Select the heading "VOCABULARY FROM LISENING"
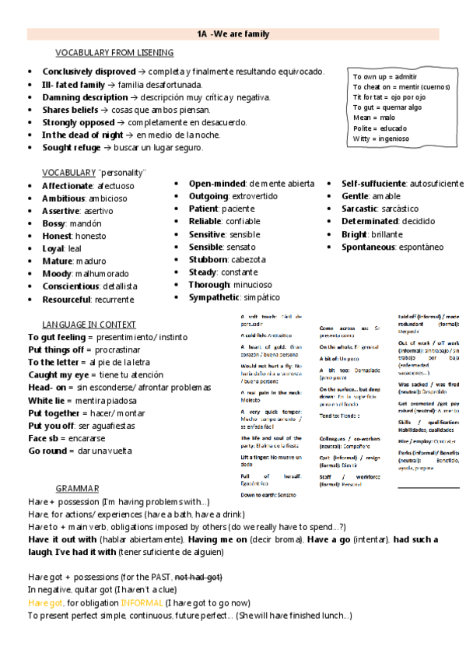pyautogui.click(x=114, y=53)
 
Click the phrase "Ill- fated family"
pyautogui.click(x=73, y=84)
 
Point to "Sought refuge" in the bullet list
pyautogui.click(x=72, y=148)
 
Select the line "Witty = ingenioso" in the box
pyautogui.click(x=381, y=139)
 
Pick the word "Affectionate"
pyautogui.click(x=68, y=186)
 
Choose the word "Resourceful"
pyautogui.click(x=66, y=299)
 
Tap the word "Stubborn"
pyautogui.click(x=208, y=259)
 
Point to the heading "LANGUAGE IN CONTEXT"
pyautogui.click(x=89, y=324)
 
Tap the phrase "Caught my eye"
pyautogui.click(x=57, y=375)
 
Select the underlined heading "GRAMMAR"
pyautogui.click(x=77, y=489)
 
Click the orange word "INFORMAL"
pyautogui.click(x=142, y=602)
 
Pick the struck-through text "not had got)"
pyautogui.click(x=199, y=577)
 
